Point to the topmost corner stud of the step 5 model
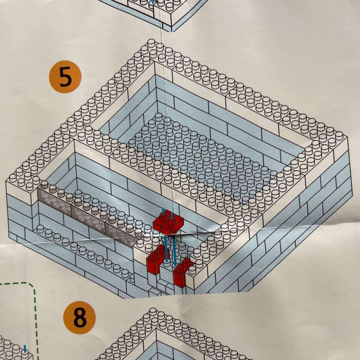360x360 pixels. [x=152, y=43]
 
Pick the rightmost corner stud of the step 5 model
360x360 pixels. [x=339, y=135]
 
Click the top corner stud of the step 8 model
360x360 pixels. [x=153, y=311]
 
